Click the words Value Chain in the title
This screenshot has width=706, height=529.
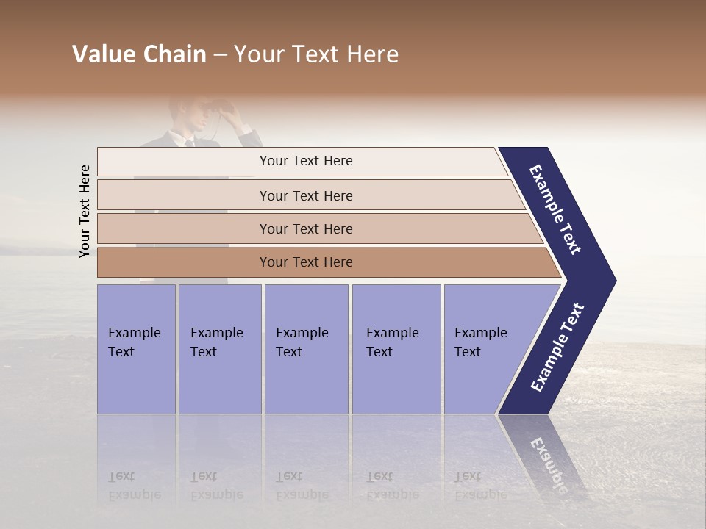point(139,54)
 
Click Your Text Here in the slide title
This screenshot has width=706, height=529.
point(316,54)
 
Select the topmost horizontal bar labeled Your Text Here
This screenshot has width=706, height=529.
point(305,161)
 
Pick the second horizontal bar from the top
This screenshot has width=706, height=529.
point(305,195)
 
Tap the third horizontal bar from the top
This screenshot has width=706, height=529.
point(305,228)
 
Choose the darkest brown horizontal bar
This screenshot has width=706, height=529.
point(305,262)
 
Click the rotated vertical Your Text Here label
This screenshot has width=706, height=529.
point(85,211)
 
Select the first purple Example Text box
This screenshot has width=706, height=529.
point(136,349)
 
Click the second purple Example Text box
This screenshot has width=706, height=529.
point(219,349)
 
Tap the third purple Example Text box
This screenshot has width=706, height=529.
point(306,349)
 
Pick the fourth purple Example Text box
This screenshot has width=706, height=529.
point(396,349)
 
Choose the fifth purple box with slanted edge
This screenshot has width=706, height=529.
point(485,349)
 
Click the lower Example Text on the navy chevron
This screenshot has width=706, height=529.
point(558,347)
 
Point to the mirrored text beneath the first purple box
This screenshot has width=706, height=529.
point(134,486)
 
